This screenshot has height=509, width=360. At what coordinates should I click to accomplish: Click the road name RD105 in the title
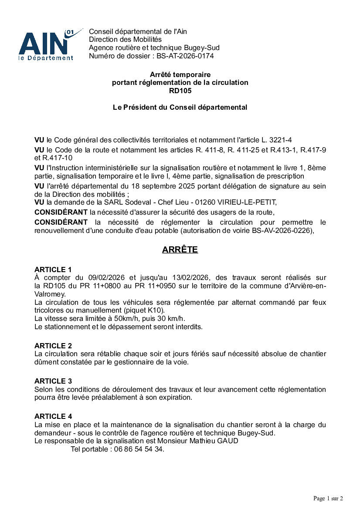pos(180,91)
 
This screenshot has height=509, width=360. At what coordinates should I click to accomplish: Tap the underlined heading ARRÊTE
pos(180,250)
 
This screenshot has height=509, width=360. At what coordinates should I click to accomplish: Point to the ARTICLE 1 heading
pos(53,270)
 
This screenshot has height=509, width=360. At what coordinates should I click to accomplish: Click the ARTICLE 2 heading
pos(53,346)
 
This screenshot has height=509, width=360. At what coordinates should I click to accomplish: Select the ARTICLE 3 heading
pos(53,381)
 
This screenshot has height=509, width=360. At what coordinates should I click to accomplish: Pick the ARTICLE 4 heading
pos(53,416)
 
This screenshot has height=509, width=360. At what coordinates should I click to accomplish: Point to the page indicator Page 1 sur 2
pos(328,498)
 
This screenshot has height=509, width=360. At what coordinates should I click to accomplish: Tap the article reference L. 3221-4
pos(276,140)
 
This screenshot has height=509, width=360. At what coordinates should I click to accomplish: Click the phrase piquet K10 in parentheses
pos(149,310)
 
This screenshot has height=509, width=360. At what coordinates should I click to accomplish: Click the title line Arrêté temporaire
pos(180,75)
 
